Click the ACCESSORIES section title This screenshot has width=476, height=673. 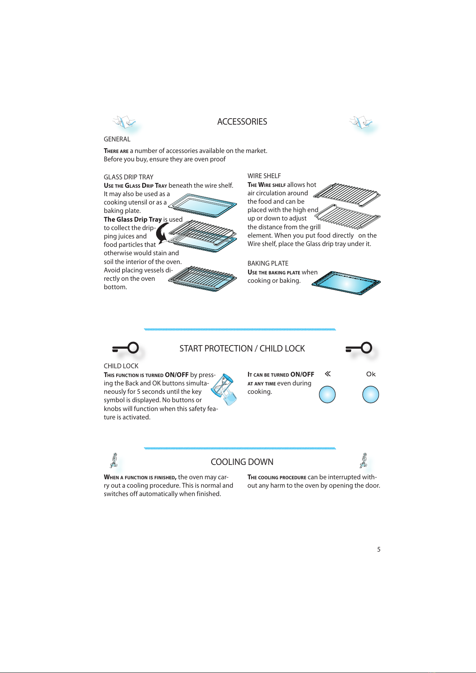tap(242, 122)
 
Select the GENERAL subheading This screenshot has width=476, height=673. tap(117, 139)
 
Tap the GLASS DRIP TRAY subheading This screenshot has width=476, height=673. tap(129, 177)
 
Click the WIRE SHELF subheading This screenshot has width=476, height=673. tap(264, 176)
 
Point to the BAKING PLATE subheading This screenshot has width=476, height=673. tap(268, 263)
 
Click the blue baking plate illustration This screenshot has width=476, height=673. tap(346, 283)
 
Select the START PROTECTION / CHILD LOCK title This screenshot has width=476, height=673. tap(242, 349)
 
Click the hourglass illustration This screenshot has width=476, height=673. tap(224, 389)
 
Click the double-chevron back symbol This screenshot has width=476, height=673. tap(327, 374)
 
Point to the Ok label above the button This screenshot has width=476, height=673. tap(371, 374)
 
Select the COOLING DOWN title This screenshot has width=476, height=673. tap(242, 462)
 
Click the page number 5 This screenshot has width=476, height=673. tap(379, 550)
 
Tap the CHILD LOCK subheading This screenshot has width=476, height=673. tap(121, 366)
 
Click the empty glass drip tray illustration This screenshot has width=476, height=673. tap(202, 206)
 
